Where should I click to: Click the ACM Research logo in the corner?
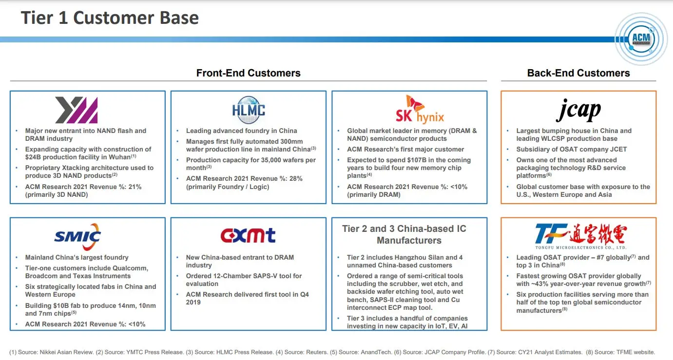click(640, 39)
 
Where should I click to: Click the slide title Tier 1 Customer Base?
click(110, 18)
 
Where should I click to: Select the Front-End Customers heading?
click(248, 73)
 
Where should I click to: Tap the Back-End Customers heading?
click(578, 73)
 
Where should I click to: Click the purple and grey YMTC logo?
click(77, 110)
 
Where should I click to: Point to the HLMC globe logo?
click(249, 110)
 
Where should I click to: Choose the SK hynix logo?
click(413, 110)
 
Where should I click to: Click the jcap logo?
click(578, 110)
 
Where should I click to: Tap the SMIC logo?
click(78, 237)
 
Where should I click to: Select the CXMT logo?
click(248, 236)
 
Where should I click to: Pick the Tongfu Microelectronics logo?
click(580, 236)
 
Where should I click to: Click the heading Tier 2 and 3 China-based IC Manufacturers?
click(404, 234)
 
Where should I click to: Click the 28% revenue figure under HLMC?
click(295, 179)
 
